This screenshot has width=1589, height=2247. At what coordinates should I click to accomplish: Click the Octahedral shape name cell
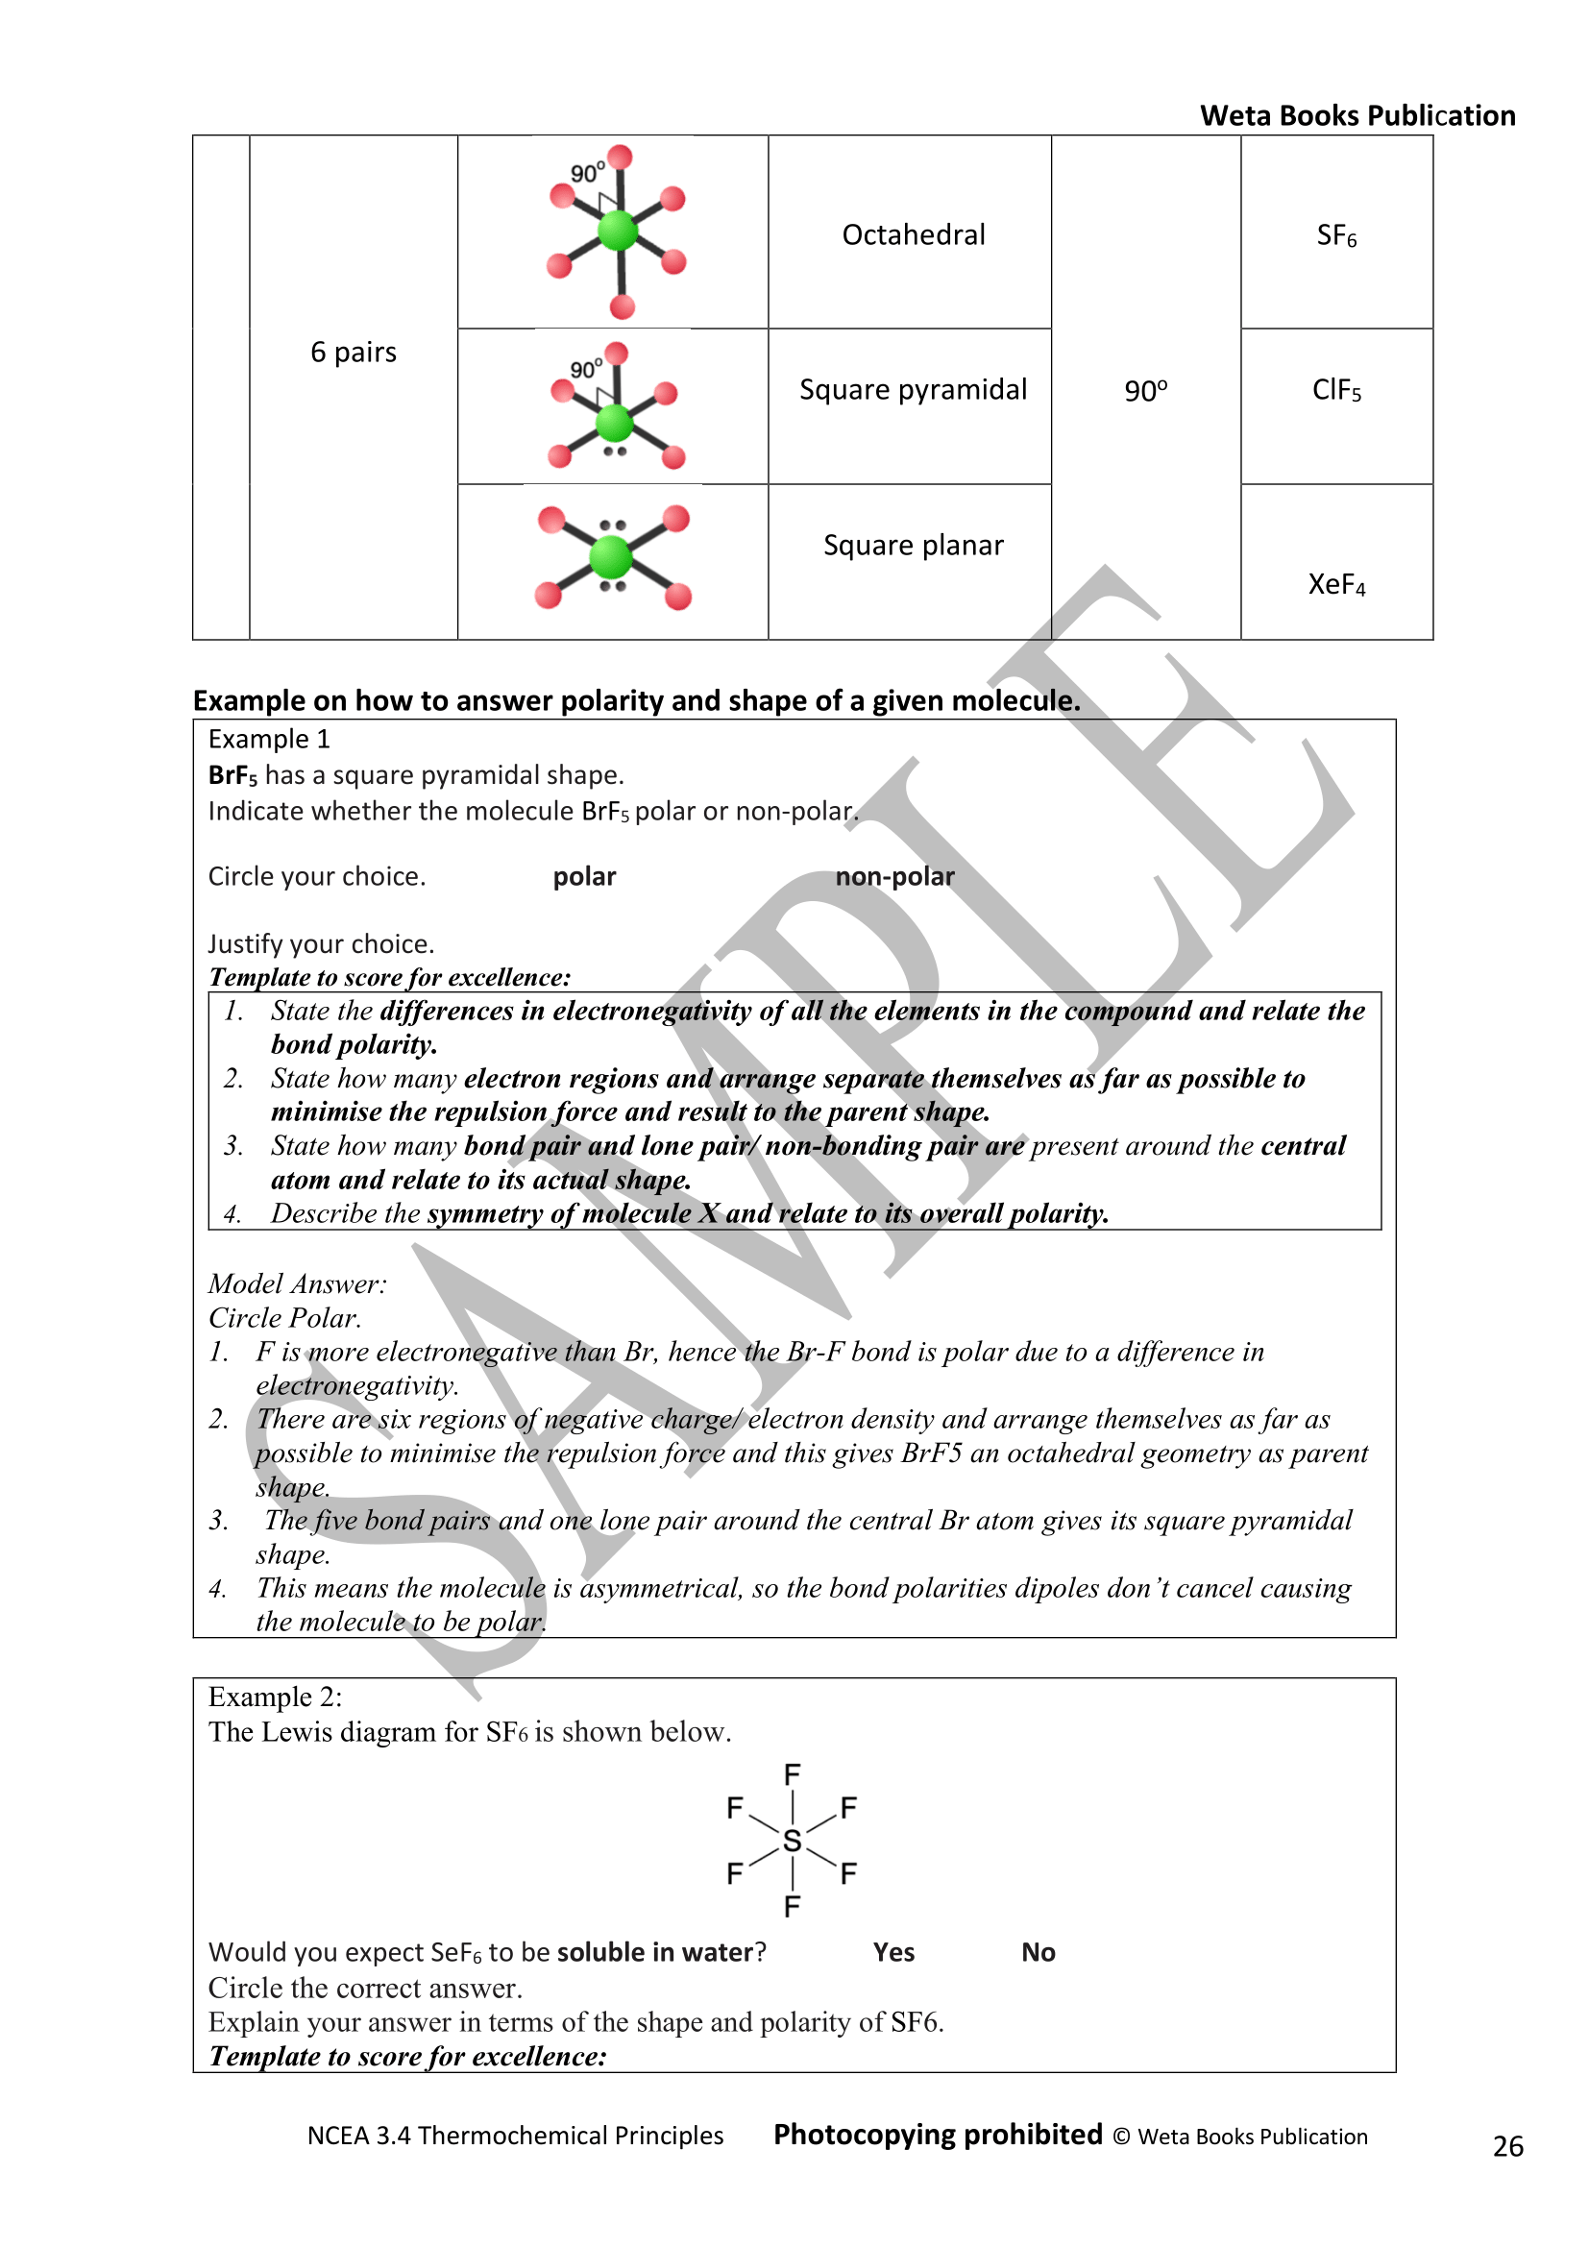[913, 234]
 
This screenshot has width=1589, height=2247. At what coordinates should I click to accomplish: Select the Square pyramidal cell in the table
[913, 389]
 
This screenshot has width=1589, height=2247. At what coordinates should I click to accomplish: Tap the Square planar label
[913, 545]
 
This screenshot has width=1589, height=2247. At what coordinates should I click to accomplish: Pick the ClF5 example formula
[1335, 390]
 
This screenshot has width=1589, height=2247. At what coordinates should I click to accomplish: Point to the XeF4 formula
[1335, 585]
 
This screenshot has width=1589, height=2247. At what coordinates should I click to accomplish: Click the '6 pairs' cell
[354, 353]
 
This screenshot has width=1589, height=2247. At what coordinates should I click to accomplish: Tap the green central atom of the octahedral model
[618, 232]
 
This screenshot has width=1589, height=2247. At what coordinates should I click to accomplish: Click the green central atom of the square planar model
[612, 557]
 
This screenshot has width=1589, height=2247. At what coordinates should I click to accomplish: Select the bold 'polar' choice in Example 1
[584, 877]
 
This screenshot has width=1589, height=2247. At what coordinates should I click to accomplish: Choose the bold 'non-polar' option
[894, 877]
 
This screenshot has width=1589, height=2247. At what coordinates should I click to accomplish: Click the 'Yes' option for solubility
[893, 1952]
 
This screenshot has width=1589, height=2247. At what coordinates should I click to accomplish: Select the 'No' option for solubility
[1039, 1952]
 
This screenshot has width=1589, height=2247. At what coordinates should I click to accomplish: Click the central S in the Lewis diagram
[792, 1841]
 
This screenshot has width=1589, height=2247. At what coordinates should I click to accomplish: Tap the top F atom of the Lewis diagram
[792, 1774]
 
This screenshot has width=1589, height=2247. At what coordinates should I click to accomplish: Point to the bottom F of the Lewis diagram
[792, 1906]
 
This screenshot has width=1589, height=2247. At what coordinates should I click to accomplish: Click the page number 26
[1507, 2146]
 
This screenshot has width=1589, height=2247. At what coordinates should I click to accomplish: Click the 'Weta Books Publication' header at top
[1357, 115]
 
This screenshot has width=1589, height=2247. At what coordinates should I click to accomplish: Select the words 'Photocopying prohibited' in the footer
[938, 2135]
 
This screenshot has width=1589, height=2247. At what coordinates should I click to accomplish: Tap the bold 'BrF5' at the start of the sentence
[232, 776]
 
